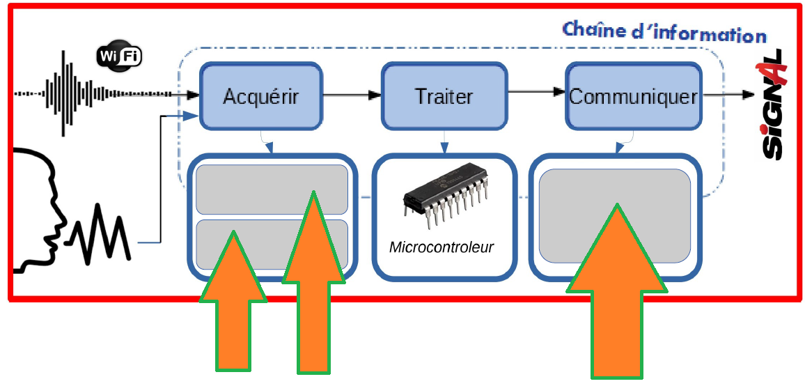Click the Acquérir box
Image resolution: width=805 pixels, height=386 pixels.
point(261,96)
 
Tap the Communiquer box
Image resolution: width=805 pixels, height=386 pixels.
point(634,96)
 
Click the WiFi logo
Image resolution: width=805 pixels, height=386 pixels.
point(118,56)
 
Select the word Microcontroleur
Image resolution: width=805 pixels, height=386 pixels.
point(441,247)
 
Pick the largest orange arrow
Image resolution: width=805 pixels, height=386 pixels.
point(617,291)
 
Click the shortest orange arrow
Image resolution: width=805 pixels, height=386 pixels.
point(233,301)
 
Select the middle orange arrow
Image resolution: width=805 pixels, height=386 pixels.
point(313,281)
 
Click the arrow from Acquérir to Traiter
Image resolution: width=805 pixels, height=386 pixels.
point(352,95)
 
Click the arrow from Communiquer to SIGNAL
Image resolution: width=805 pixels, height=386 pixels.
point(728,95)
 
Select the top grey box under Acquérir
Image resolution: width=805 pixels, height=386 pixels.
point(272,189)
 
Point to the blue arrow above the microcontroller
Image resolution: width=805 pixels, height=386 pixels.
point(443,141)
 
